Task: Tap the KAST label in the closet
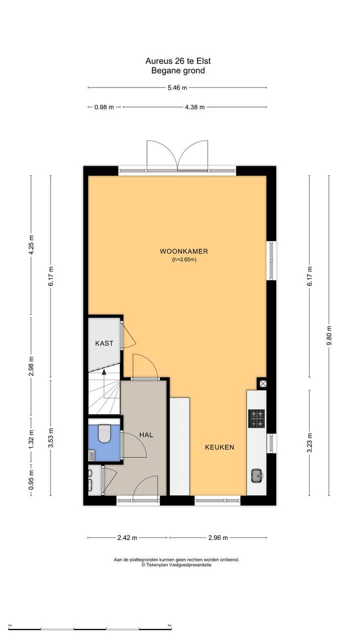click(104, 343)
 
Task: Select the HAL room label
click(146, 435)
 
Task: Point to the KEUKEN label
click(219, 447)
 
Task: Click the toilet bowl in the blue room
click(105, 434)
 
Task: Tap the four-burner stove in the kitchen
click(257, 419)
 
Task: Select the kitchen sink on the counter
click(257, 475)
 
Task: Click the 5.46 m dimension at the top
click(177, 87)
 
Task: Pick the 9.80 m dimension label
click(328, 335)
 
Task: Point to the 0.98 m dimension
click(104, 107)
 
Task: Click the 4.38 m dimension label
click(194, 107)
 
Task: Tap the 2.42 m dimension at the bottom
click(127, 538)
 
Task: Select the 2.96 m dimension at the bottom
click(217, 538)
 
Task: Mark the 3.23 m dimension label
click(309, 443)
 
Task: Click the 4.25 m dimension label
click(31, 245)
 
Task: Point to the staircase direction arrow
click(104, 372)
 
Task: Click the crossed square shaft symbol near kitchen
click(262, 383)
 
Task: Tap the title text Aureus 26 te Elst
click(178, 61)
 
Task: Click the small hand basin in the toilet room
click(91, 455)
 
